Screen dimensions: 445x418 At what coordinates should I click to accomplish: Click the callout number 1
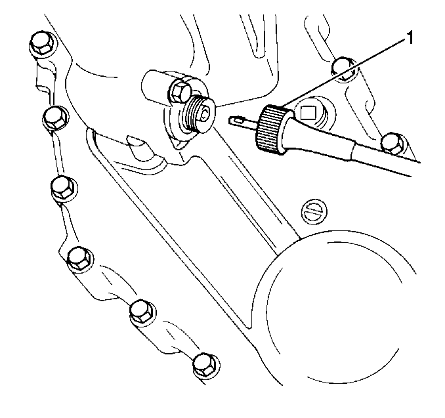tap(410, 38)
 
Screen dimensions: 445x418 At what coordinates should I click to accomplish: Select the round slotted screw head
tap(314, 211)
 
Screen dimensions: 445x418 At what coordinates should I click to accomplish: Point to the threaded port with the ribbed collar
tap(200, 114)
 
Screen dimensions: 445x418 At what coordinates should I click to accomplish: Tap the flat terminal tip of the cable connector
tap(236, 120)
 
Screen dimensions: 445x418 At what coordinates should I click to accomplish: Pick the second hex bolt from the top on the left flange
tap(55, 118)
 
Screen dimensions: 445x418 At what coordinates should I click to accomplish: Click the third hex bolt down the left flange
tap(64, 188)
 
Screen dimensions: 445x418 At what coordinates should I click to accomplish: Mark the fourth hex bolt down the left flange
tap(80, 259)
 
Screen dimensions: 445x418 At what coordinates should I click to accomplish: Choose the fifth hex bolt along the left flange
tap(142, 312)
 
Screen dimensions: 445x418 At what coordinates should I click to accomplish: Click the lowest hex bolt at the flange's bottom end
tap(205, 366)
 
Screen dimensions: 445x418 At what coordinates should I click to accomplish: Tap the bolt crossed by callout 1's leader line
tap(344, 70)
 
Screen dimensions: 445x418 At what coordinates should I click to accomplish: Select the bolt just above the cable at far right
tap(393, 144)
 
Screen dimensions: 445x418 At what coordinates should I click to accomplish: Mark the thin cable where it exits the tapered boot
tap(386, 161)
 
